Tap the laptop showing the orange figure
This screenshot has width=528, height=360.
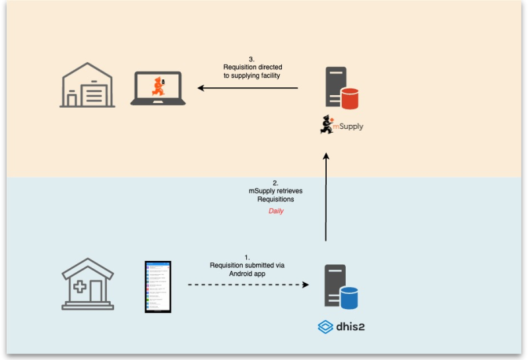158,89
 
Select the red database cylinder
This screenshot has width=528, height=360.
350,98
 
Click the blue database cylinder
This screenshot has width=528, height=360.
349,297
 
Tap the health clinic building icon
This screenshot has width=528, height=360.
87,284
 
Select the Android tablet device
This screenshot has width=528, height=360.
158,287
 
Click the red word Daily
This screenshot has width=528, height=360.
276,211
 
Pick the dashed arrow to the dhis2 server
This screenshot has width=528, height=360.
248,285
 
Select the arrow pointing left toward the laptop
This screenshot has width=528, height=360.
248,88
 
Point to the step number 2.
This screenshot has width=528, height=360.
276,182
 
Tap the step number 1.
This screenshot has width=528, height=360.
247,257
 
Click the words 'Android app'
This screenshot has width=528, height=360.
247,273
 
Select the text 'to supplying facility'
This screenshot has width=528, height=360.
251,76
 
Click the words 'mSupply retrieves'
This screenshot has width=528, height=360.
276,190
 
